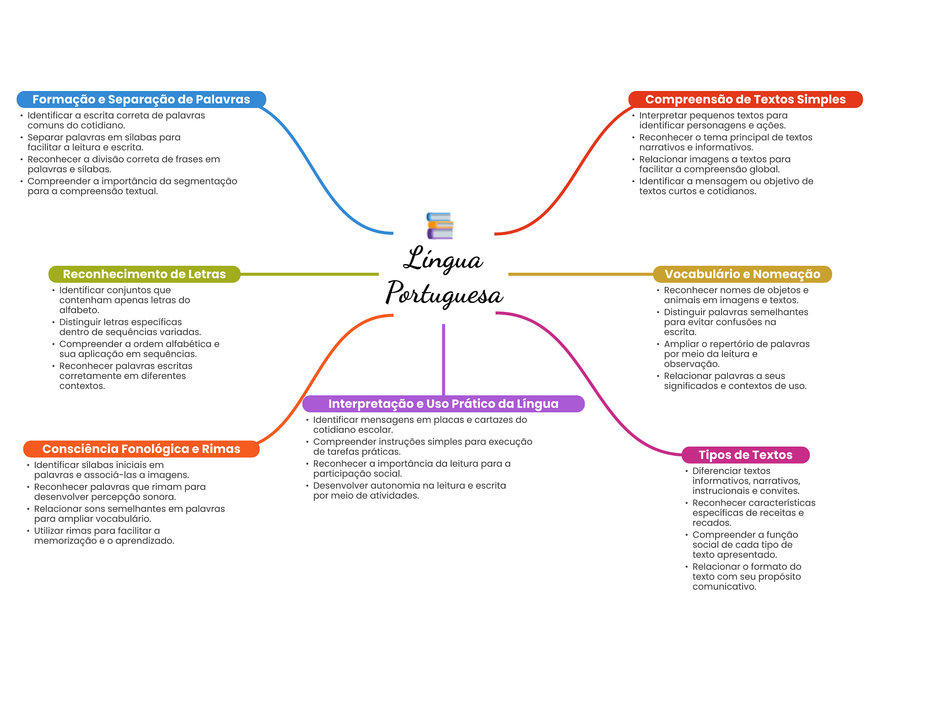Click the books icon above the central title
tap(440, 226)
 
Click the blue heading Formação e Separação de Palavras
tap(141, 99)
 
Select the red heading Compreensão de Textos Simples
tap(745, 99)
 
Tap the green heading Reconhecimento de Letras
tap(144, 274)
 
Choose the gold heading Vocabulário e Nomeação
tap(742, 274)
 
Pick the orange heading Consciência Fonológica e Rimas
tap(141, 449)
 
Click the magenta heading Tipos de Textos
tap(745, 455)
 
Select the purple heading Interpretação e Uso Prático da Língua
tap(443, 404)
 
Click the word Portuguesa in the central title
tap(444, 294)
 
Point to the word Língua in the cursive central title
tap(443, 259)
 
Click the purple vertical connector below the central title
tap(443, 359)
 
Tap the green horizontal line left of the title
tap(309, 274)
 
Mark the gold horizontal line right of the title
tap(580, 274)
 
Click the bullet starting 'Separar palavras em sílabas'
tap(104, 142)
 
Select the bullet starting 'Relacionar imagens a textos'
tap(715, 164)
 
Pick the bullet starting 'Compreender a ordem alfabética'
tap(139, 349)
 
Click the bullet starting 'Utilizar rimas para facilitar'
tap(104, 536)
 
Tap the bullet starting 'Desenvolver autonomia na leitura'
tap(409, 491)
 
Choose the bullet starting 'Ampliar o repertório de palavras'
tap(737, 354)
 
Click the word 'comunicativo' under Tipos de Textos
tap(724, 587)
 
